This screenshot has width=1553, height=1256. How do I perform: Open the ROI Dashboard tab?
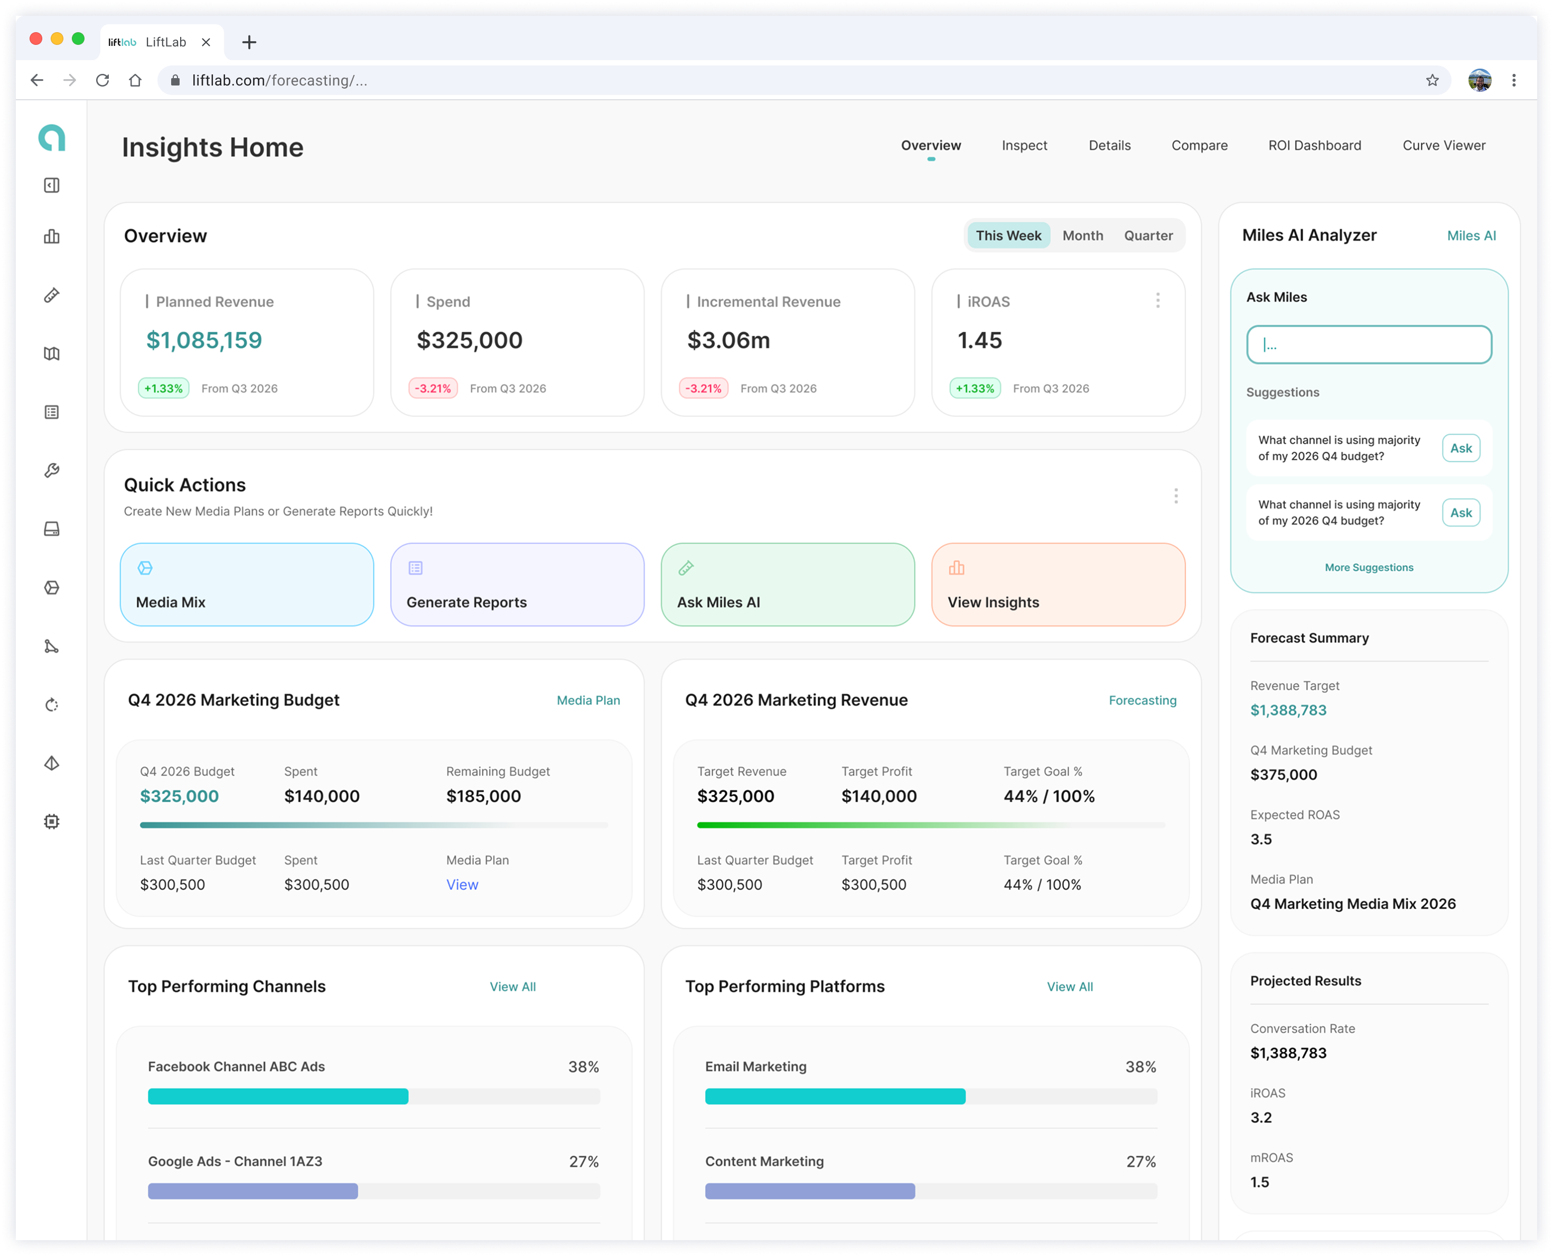(1314, 146)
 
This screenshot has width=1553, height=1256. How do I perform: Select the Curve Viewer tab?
(1444, 146)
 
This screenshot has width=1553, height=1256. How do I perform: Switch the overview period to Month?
(1082, 236)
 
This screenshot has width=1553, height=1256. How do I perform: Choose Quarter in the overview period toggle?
(1148, 236)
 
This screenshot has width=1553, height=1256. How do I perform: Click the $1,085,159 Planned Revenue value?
(204, 340)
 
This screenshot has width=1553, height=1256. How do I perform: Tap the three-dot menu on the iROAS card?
(1158, 300)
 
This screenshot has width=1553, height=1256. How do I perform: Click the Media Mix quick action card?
(247, 585)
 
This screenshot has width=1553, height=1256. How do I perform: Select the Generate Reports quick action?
(517, 585)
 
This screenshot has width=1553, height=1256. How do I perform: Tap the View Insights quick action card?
(1058, 585)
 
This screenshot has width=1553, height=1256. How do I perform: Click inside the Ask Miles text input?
(1368, 345)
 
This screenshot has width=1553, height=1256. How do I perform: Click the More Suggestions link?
(1368, 567)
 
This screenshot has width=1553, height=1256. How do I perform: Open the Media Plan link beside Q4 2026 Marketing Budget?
(588, 700)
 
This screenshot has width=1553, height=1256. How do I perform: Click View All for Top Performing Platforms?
(1069, 987)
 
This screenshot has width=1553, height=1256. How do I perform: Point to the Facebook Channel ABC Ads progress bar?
(373, 1096)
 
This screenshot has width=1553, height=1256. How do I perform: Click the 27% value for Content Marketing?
(1140, 1161)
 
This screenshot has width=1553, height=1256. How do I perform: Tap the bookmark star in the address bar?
(1432, 80)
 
